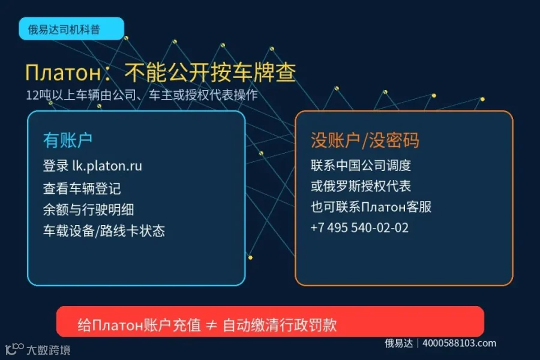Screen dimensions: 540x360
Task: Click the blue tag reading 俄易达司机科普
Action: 71,29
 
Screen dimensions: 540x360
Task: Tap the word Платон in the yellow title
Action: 64,73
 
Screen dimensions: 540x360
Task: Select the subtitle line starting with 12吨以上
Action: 142,95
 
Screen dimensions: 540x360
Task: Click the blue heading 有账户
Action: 67,140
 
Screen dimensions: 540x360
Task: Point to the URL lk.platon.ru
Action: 107,166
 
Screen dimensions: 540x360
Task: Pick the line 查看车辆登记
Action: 82,188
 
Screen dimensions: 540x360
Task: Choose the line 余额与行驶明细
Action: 89,210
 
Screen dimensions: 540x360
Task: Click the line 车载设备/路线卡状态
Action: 104,231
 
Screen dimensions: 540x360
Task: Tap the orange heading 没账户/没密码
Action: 365,140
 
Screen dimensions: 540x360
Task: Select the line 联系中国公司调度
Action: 361,166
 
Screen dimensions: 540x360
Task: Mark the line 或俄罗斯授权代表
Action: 361,187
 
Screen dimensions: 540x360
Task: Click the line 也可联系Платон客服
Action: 371,207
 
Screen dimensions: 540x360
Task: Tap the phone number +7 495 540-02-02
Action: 359,228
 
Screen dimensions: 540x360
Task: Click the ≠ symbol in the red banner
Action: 211,325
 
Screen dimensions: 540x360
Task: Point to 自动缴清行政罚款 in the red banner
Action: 280,325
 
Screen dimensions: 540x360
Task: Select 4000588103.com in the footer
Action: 460,343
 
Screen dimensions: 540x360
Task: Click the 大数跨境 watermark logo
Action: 38,349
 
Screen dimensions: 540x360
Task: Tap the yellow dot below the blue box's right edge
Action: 250,257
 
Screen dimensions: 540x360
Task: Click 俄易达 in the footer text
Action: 399,343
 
